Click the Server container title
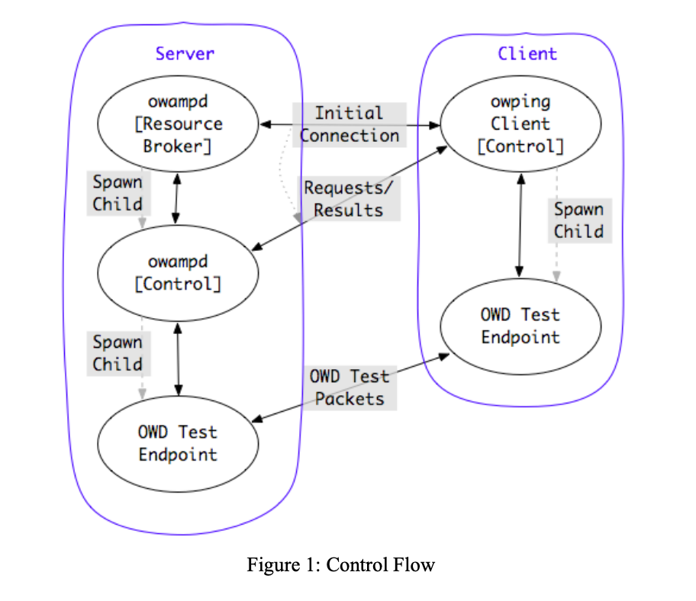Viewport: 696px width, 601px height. pyautogui.click(x=185, y=53)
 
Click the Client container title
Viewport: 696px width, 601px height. pyautogui.click(x=527, y=53)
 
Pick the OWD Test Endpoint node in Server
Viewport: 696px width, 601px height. pyautogui.click(x=177, y=443)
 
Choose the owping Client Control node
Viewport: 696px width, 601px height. pyautogui.click(x=520, y=124)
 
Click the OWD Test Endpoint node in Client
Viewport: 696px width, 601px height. pyautogui.click(x=520, y=326)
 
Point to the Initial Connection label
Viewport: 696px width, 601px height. pyautogui.click(x=350, y=124)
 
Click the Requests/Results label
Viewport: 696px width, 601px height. pyautogui.click(x=348, y=199)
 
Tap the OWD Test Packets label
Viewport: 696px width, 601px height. pyautogui.click(x=350, y=387)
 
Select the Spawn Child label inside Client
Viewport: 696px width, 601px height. pyautogui.click(x=578, y=220)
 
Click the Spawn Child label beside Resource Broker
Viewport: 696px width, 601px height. pyautogui.click(x=118, y=194)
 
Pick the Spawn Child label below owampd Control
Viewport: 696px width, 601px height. pyautogui.click(x=118, y=354)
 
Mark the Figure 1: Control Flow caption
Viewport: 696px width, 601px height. pyautogui.click(x=340, y=565)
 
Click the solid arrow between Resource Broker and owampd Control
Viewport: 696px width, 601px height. pyautogui.click(x=177, y=198)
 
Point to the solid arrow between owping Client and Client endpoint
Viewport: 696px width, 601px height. pyautogui.click(x=520, y=226)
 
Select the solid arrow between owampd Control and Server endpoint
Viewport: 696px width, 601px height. pyautogui.click(x=178, y=358)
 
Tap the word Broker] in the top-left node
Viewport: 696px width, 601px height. pyautogui.click(x=177, y=146)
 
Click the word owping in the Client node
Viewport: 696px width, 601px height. pyautogui.click(x=520, y=101)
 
